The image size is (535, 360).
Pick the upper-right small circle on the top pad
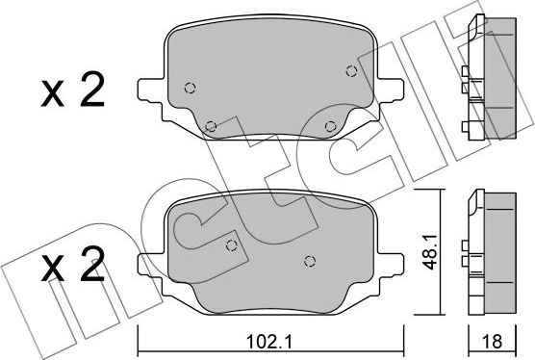coord(350,68)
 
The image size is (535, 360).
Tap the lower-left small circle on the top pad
coord(212,123)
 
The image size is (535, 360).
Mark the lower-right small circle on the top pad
coord(330,125)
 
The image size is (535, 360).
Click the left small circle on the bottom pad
coord(230,244)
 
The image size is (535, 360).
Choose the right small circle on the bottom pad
coord(309,261)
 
